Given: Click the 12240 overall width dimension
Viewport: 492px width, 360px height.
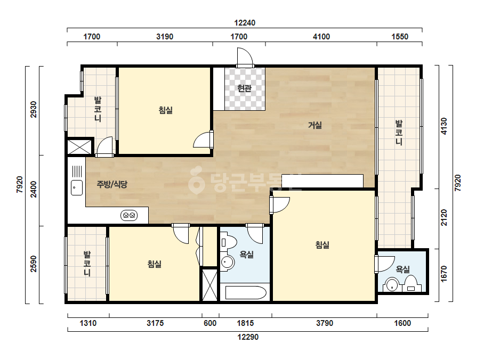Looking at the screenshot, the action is pyautogui.click(x=245, y=23).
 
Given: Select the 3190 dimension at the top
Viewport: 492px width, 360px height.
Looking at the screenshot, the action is pyautogui.click(x=165, y=37).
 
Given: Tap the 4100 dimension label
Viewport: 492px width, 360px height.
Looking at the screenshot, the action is pyautogui.click(x=321, y=37).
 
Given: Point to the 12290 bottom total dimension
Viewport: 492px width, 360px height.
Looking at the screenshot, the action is pyautogui.click(x=248, y=337).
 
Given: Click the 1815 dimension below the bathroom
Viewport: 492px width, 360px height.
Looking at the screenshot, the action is pyautogui.click(x=245, y=323).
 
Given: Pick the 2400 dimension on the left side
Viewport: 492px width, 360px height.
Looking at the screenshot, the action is pyautogui.click(x=34, y=190).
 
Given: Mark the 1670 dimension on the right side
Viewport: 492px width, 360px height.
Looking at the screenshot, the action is pyautogui.click(x=443, y=274).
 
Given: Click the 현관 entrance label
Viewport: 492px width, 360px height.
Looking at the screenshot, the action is pyautogui.click(x=245, y=88).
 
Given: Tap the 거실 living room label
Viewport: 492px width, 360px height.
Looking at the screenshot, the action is pyautogui.click(x=314, y=126).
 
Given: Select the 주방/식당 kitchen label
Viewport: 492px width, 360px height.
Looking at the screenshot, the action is pyautogui.click(x=112, y=184).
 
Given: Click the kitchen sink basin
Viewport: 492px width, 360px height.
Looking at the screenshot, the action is pyautogui.click(x=77, y=188).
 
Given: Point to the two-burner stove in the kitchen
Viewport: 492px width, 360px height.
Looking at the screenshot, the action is pyautogui.click(x=129, y=216).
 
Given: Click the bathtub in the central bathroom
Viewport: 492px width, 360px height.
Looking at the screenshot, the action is pyautogui.click(x=246, y=292).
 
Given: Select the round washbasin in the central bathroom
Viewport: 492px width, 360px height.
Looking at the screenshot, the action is pyautogui.click(x=227, y=262).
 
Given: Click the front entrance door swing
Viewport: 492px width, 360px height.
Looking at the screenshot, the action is pyautogui.click(x=245, y=57).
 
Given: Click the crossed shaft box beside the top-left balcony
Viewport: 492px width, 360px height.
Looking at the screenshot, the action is pyautogui.click(x=79, y=147).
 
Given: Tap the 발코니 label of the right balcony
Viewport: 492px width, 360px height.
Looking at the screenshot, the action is pyautogui.click(x=399, y=132).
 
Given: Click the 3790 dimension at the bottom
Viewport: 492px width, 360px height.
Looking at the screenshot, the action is pyautogui.click(x=325, y=323).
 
